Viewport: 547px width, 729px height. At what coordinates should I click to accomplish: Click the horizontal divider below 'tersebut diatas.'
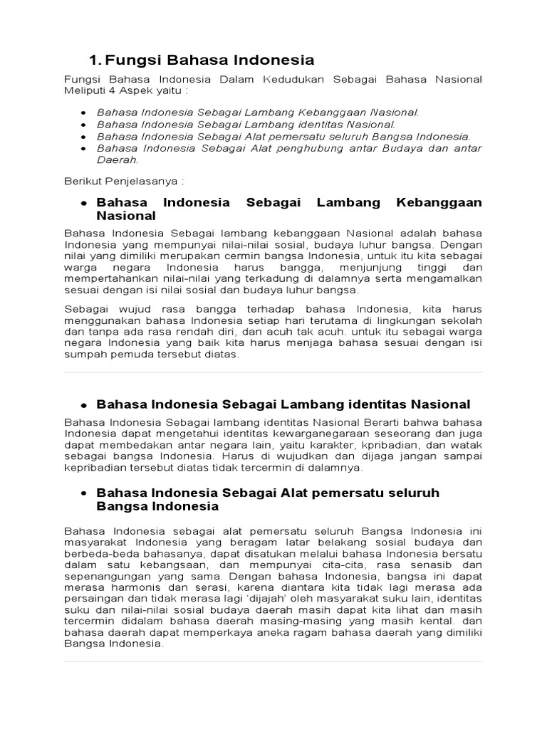point(273,372)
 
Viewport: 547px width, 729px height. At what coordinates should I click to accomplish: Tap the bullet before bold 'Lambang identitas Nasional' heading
point(83,405)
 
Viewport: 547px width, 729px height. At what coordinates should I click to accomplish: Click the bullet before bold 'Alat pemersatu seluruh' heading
point(83,493)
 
